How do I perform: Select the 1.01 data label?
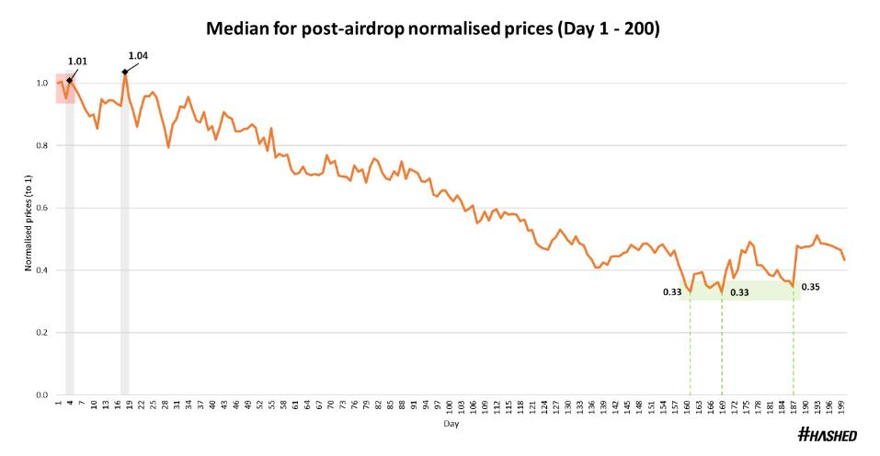pyautogui.click(x=77, y=62)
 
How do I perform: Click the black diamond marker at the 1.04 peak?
pyautogui.click(x=124, y=71)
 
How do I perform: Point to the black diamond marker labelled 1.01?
pyautogui.click(x=69, y=80)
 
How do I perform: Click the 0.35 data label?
pyautogui.click(x=810, y=287)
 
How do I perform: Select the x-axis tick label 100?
pyautogui.click(x=449, y=406)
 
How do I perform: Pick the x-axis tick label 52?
pyautogui.click(x=259, y=406)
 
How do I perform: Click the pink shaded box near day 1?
pyautogui.click(x=64, y=88)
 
